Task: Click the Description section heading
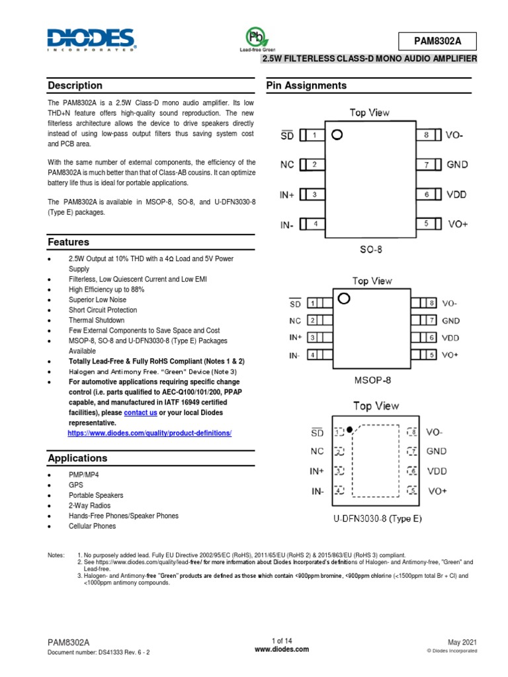point(75,85)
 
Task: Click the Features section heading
point(69,242)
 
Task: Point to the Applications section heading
point(77,458)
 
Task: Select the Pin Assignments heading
point(306,85)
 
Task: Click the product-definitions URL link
point(149,432)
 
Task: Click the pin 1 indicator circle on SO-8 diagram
point(337,136)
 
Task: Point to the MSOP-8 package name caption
point(372,381)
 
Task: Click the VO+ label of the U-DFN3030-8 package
point(437,491)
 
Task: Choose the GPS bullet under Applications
point(76,485)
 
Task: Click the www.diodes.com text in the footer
point(282,649)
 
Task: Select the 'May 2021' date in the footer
point(462,642)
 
